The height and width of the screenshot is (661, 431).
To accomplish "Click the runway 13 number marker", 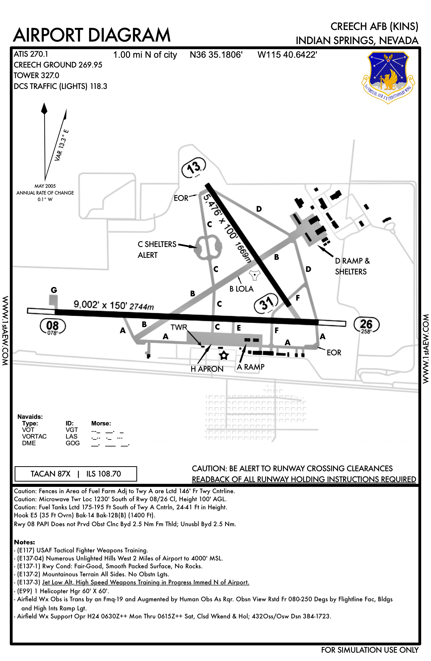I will [194, 168].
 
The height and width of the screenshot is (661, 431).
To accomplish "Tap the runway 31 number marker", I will [266, 303].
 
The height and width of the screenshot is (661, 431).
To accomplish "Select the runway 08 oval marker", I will [52, 326].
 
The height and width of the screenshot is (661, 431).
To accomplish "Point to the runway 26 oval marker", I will [366, 325].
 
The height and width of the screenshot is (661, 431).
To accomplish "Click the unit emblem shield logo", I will [388, 76].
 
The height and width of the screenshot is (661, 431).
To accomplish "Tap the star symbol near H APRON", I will [224, 356].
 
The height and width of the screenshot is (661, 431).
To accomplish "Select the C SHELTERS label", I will [157, 244].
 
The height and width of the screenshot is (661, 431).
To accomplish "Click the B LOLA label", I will [241, 289].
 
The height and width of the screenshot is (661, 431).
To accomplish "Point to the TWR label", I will [179, 327].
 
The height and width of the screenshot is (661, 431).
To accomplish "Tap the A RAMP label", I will [251, 367].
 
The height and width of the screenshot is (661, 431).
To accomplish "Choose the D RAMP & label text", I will [352, 261].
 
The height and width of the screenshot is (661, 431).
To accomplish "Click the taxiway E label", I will [238, 328].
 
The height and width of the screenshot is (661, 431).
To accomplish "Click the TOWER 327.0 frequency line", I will [36, 76].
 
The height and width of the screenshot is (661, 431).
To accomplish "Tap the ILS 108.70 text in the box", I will [104, 474].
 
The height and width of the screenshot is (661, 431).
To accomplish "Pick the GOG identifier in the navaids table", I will [73, 443].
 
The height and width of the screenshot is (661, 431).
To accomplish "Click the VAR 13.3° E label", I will [62, 145].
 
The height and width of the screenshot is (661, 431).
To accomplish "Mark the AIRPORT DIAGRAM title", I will [92, 35].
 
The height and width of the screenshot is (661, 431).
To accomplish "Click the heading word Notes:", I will [24, 542].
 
